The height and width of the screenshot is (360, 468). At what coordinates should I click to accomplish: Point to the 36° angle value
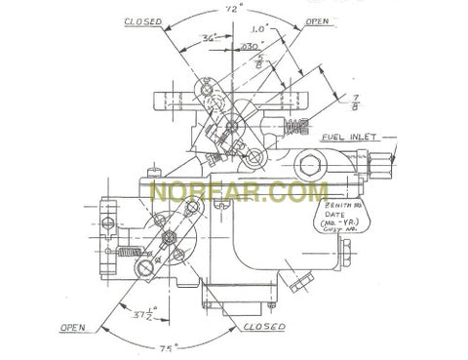[208, 39]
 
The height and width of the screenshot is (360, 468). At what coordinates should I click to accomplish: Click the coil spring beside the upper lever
[297, 129]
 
